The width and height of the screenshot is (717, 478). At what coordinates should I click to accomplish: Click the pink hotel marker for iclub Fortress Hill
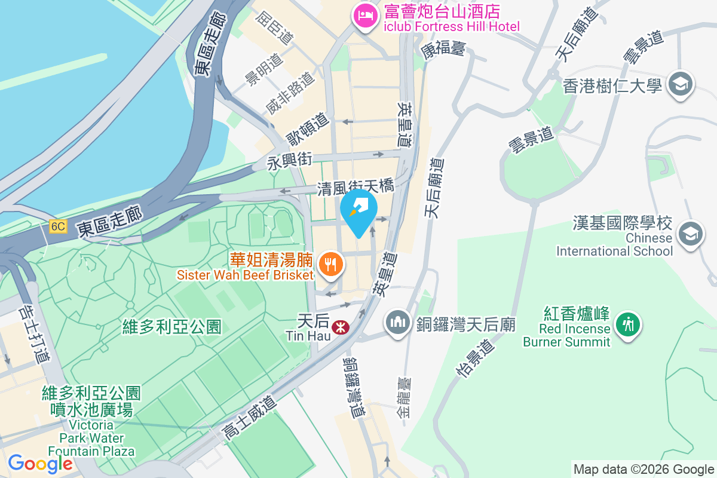coord(364,16)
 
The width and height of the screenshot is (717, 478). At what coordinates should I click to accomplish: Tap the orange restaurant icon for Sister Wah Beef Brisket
coord(329,263)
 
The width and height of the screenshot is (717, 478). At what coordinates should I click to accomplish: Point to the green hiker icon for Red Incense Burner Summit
coord(627,325)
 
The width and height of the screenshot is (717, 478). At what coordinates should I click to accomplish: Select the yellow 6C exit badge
coord(59,226)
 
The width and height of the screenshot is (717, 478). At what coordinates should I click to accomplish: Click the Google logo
coord(40,463)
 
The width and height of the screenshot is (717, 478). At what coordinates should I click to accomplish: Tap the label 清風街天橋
coord(356,187)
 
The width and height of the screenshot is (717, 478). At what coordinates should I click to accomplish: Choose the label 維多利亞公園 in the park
coord(171,326)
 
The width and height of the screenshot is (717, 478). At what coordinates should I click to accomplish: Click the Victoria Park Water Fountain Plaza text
coord(91,438)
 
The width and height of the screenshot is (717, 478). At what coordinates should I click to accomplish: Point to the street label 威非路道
coord(290,93)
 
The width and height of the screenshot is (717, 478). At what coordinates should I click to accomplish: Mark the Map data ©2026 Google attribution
coord(644,470)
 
